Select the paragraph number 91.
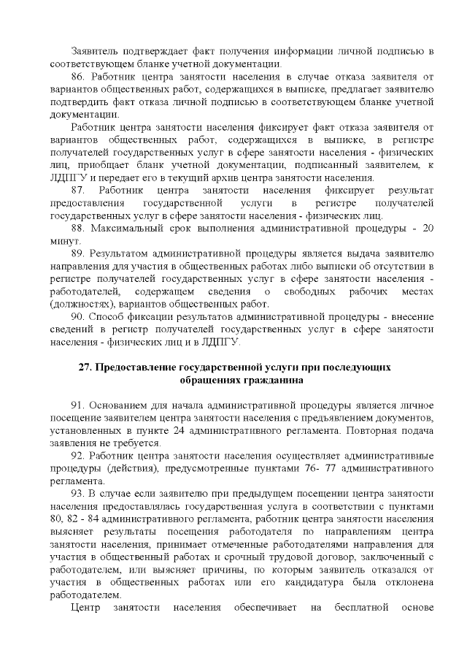pyautogui.click(x=79, y=405)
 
